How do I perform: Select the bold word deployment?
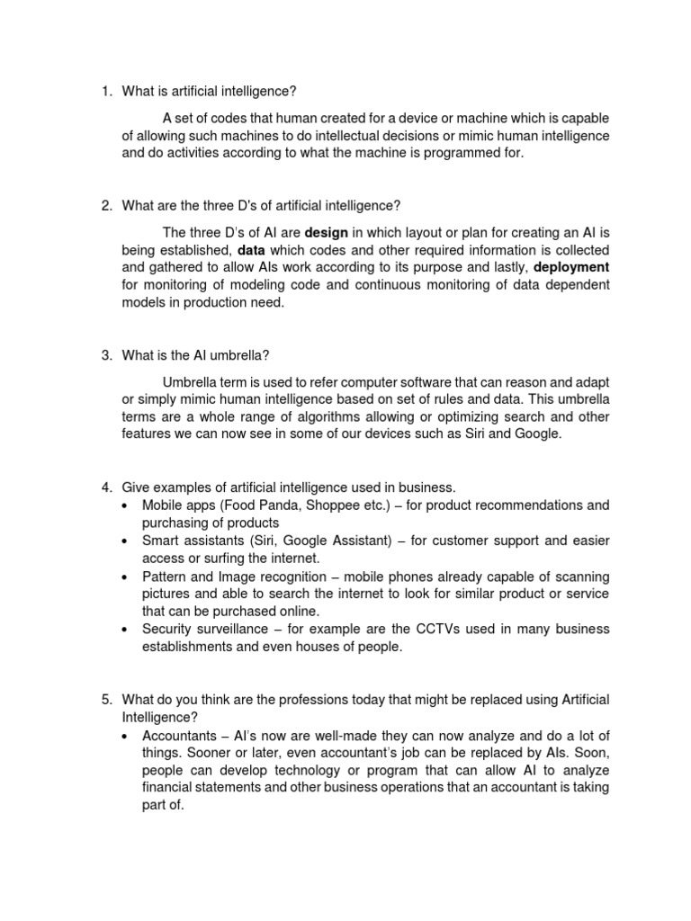pyautogui.click(x=571, y=267)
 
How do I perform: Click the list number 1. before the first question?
pyautogui.click(x=107, y=91)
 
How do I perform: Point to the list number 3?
pyautogui.click(x=107, y=355)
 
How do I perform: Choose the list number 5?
pyautogui.click(x=107, y=699)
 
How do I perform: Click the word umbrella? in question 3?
pyautogui.click(x=239, y=355)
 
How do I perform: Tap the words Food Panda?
pyautogui.click(x=246, y=505)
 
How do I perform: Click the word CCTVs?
pyautogui.click(x=417, y=628)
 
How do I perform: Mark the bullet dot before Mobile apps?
pyautogui.click(x=126, y=505)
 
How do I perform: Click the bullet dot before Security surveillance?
pyautogui.click(x=126, y=629)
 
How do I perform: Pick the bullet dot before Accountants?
pyautogui.click(x=126, y=735)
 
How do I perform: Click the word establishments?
pyautogui.click(x=193, y=646)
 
